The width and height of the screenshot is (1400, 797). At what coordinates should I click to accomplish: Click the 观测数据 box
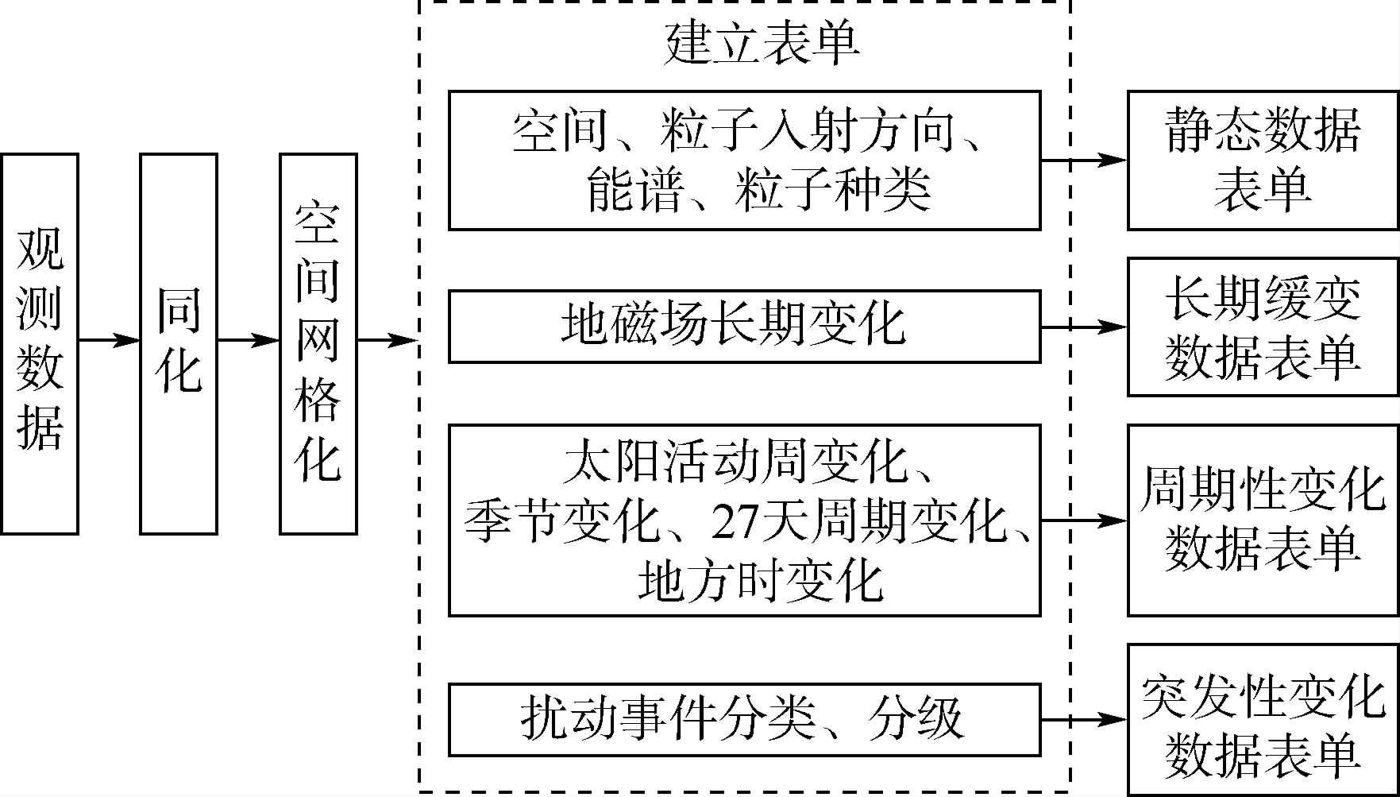[x=40, y=343]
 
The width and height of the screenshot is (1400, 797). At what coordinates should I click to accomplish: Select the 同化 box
[x=179, y=343]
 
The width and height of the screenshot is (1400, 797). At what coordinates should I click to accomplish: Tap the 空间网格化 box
[x=318, y=343]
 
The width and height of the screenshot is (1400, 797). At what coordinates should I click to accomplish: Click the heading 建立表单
[x=762, y=44]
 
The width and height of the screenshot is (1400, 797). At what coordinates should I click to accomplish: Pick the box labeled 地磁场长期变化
[x=744, y=326]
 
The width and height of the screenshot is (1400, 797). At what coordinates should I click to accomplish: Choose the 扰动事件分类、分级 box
[x=744, y=719]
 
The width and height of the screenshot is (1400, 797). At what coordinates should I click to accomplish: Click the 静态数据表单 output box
[x=1263, y=161]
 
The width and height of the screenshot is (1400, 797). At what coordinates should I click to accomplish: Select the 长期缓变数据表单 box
[x=1263, y=327]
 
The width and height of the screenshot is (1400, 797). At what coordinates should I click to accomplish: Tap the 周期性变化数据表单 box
[x=1263, y=520]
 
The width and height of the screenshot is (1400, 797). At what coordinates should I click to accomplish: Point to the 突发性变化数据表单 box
[x=1263, y=720]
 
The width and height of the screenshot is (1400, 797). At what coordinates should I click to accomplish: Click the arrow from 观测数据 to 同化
[x=110, y=340]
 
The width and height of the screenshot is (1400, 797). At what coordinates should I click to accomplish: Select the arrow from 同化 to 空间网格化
[x=249, y=340]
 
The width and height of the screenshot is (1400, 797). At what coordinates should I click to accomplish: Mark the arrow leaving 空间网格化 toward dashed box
[x=388, y=340]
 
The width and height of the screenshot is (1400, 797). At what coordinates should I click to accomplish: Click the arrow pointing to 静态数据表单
[x=1084, y=160]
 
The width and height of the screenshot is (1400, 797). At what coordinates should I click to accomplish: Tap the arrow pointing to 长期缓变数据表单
[x=1084, y=326]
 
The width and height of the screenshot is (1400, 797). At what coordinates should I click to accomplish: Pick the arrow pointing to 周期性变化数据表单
[x=1084, y=520]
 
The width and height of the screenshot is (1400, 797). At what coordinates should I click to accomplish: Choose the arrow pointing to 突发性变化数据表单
[x=1084, y=720]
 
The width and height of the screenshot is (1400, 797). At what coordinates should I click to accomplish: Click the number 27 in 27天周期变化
[x=735, y=522]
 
